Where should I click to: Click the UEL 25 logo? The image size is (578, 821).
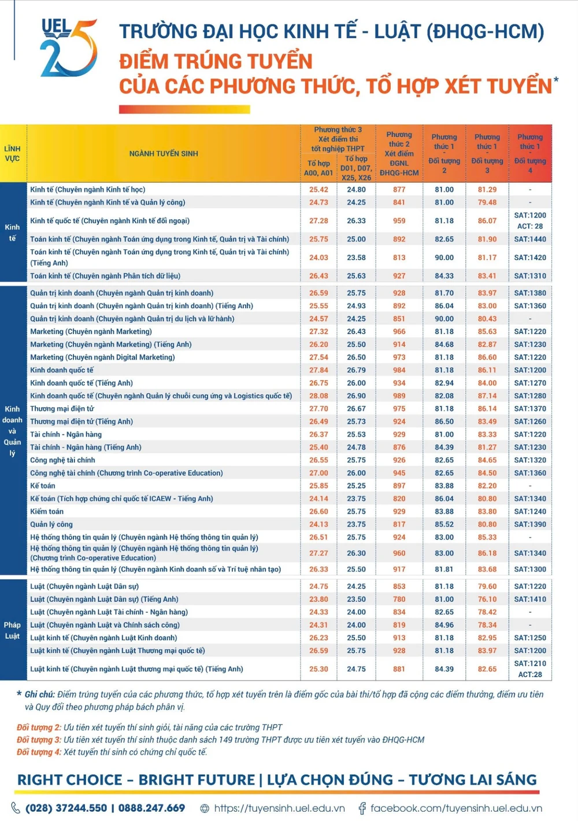68,47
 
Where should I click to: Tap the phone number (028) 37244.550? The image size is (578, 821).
66,808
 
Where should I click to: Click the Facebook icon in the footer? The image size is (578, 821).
362,808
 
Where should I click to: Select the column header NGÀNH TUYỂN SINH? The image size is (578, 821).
164,153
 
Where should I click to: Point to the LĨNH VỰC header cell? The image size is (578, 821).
12,153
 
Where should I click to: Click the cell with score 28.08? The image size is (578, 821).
318,395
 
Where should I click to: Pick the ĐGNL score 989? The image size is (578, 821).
399,395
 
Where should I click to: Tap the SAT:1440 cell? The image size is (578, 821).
530,239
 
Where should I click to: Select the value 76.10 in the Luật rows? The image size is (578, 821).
487,599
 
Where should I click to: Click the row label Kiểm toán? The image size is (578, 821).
47,511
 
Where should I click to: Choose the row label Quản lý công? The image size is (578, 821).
51,524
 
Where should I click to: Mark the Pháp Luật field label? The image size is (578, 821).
12,630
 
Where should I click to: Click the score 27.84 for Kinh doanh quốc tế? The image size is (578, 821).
318,370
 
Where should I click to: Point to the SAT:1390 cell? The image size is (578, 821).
530,524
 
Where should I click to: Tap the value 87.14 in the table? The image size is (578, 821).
487,395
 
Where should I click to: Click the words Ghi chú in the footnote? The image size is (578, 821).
39,694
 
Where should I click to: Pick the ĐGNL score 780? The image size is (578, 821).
399,599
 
